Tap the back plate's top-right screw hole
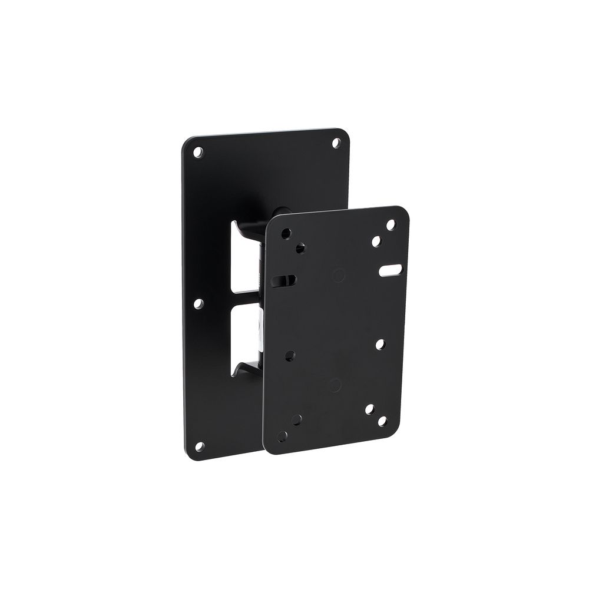click(x=337, y=142)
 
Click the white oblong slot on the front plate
click(x=389, y=270)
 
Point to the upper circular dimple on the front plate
click(x=338, y=274)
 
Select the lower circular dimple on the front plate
click(x=335, y=385)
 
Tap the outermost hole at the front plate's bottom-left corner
click(x=283, y=436)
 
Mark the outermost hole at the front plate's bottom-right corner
click(x=383, y=421)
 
